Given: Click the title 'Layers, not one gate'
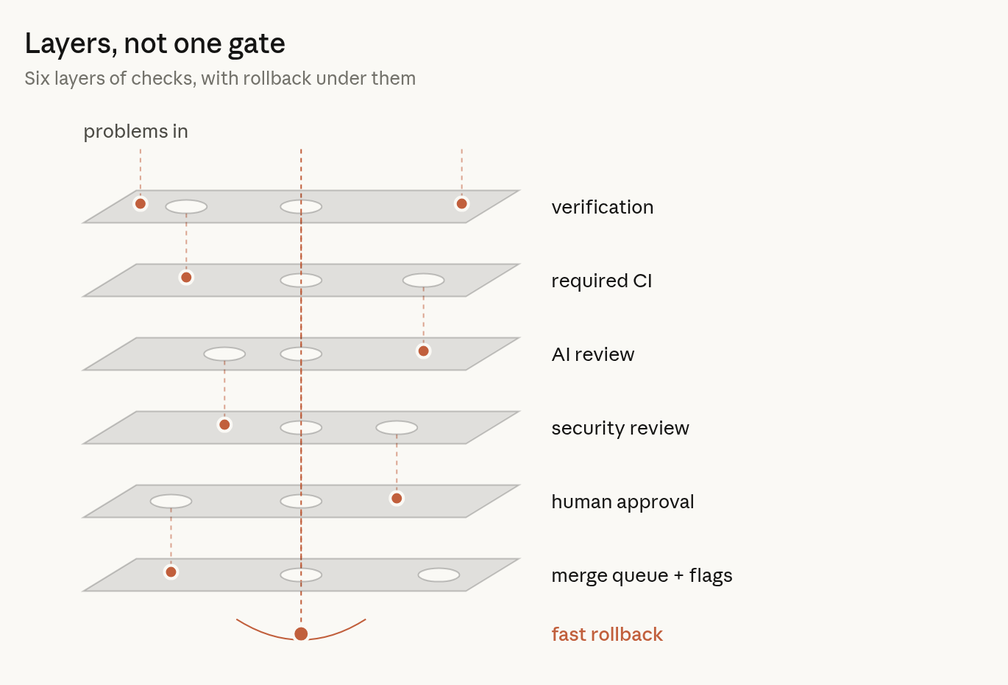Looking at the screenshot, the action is click(x=155, y=43).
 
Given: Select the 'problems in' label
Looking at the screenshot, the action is click(x=136, y=132).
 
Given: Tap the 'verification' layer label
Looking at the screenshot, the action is click(x=603, y=207).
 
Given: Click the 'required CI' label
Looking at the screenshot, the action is click(x=602, y=281).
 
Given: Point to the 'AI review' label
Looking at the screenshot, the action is click(x=593, y=354).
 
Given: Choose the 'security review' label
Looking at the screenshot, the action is click(x=620, y=428).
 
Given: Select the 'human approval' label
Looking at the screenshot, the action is click(x=622, y=502).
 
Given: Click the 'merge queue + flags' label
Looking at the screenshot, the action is click(x=642, y=575).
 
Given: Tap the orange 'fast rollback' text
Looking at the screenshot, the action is click(x=607, y=634).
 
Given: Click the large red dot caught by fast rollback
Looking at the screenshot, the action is click(x=301, y=634).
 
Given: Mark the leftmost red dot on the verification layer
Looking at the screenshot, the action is click(x=141, y=204).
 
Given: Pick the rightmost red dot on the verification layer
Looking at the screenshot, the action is click(x=462, y=204).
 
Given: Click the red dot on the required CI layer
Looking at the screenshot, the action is click(x=186, y=278).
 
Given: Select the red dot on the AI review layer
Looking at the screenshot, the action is click(x=424, y=351).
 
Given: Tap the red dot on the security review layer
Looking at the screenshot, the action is click(x=224, y=425).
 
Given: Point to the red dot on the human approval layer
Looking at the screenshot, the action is click(x=397, y=499).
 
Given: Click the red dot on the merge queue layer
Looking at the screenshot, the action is click(x=171, y=572).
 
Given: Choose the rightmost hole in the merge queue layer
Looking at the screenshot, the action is click(x=439, y=575).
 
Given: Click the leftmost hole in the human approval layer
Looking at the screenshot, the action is click(x=171, y=502).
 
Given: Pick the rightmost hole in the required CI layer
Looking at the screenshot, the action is click(x=424, y=281).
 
